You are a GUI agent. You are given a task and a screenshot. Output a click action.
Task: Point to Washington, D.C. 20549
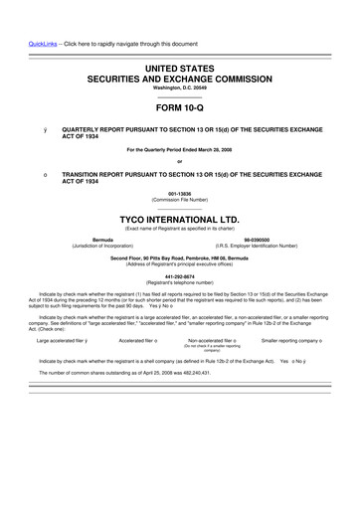coord(180,86)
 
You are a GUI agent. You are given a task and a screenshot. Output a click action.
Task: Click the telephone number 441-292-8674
coord(180,277)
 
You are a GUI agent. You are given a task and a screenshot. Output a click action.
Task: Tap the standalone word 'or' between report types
coord(180,161)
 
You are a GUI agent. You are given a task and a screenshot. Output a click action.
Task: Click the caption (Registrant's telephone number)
coord(180,284)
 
